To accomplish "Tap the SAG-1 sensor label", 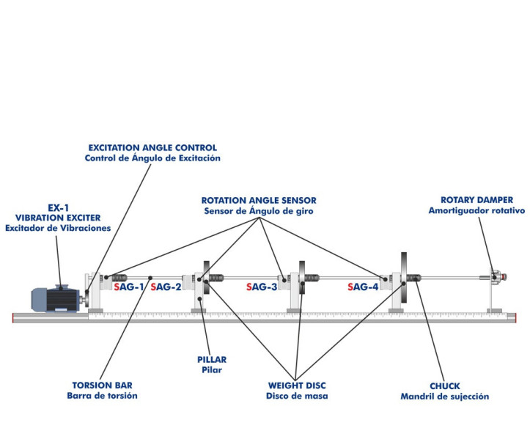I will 129,288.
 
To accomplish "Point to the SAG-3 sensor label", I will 262,288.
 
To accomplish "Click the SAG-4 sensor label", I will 364,288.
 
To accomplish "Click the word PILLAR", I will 211,360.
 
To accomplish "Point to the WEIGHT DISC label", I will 297,385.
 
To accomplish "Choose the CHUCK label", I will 444,385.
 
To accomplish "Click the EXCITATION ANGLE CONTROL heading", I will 152,147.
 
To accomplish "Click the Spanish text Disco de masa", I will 297,396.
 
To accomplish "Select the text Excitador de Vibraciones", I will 58,229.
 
